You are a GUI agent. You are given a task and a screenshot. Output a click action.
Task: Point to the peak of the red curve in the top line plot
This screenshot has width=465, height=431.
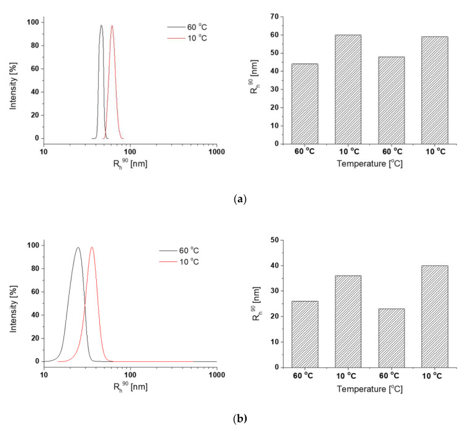point(112,26)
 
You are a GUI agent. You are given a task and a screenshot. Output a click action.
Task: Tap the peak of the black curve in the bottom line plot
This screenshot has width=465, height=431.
point(78,248)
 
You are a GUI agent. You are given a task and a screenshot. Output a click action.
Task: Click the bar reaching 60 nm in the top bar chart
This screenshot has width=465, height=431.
point(348,89)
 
